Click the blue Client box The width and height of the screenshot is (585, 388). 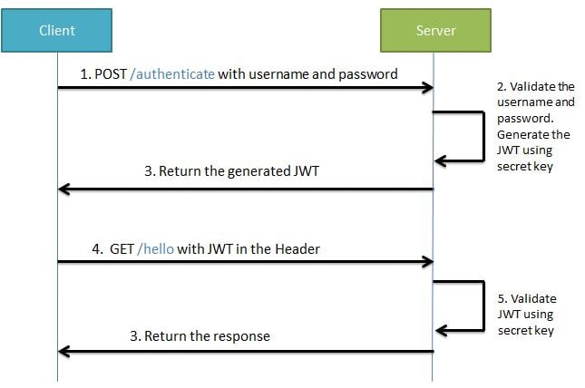57,31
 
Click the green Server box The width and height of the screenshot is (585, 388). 434,31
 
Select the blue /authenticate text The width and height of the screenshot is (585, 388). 172,74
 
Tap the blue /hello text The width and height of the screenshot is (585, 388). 155,247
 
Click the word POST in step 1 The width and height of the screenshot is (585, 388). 113,74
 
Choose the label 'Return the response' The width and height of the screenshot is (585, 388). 200,335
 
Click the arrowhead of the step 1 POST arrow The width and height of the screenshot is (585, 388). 427,88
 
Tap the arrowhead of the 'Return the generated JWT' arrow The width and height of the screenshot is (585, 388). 63,189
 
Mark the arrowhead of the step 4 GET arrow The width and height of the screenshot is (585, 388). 427,262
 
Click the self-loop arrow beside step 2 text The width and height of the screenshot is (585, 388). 481,136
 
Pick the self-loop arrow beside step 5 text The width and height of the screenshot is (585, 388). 481,304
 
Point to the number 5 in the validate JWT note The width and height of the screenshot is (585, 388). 502,298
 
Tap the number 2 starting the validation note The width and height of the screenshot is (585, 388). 501,87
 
